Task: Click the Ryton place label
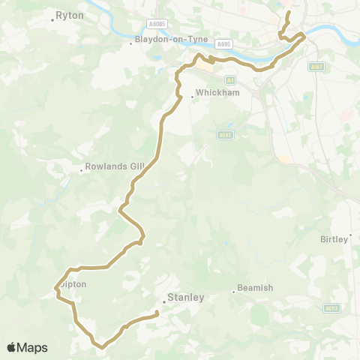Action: pos(70,14)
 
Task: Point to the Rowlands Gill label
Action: pos(112,167)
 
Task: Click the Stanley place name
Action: pos(186,297)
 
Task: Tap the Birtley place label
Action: pos(334,238)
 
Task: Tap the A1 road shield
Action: pos(230,79)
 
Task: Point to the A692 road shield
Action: pos(223,135)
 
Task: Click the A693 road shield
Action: pos(331,307)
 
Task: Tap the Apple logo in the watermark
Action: pos(12,347)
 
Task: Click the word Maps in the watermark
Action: pos(33,347)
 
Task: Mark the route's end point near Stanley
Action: pos(157,313)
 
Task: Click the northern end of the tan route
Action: pos(289,13)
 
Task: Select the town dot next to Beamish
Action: pos(233,292)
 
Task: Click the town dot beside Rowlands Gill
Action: pos(82,171)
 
